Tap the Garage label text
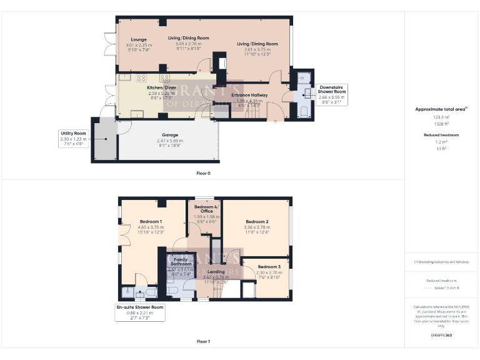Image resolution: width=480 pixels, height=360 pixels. (x=170, y=135)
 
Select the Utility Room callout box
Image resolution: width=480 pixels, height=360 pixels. (x=72, y=139)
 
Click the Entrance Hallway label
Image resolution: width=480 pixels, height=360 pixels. (x=249, y=95)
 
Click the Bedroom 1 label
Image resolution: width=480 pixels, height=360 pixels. (x=151, y=222)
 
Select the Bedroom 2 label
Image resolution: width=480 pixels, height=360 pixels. (x=257, y=222)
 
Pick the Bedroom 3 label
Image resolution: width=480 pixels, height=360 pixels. (x=269, y=267)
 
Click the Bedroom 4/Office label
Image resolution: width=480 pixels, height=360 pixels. (x=204, y=209)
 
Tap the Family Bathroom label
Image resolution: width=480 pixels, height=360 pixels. (x=182, y=262)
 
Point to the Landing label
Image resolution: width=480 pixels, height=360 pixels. (x=216, y=272)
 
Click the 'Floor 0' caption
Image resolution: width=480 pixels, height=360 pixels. (x=203, y=172)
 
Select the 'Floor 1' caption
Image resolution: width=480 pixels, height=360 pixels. (x=203, y=341)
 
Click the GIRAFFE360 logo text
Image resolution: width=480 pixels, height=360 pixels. (x=441, y=336)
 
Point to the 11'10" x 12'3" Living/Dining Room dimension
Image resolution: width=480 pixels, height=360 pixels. (x=257, y=55)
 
